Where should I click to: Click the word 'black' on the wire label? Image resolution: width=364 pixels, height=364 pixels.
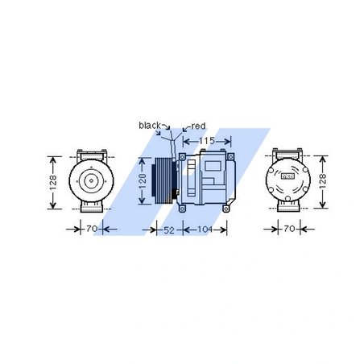tap(150, 125)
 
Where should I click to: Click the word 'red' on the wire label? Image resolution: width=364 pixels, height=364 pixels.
tap(198, 126)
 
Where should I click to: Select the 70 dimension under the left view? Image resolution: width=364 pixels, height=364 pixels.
tap(92, 230)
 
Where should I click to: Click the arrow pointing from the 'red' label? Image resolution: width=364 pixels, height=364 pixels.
tap(185, 128)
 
